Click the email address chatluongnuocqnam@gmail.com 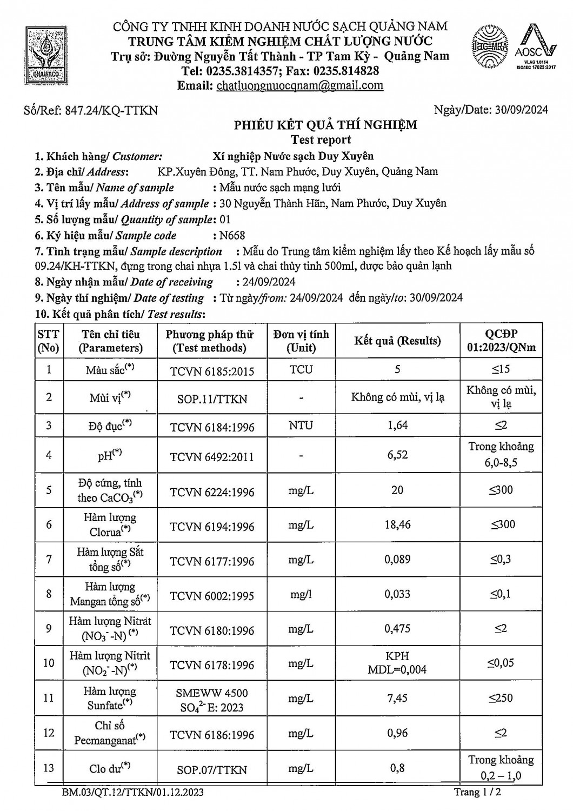pos(299,85)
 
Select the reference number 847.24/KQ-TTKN pos(111,110)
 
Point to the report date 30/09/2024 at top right pos(521,110)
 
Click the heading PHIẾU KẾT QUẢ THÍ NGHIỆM pos(325,125)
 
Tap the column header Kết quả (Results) pos(397,341)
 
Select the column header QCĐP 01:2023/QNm pos(501,341)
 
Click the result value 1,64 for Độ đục pos(397,426)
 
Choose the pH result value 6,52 pos(397,455)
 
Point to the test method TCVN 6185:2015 pos(212,371)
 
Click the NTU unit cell pos(301,426)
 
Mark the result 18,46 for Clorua pos(397,524)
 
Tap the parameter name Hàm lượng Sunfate pos(110,698)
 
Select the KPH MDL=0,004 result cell pos(397,662)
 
